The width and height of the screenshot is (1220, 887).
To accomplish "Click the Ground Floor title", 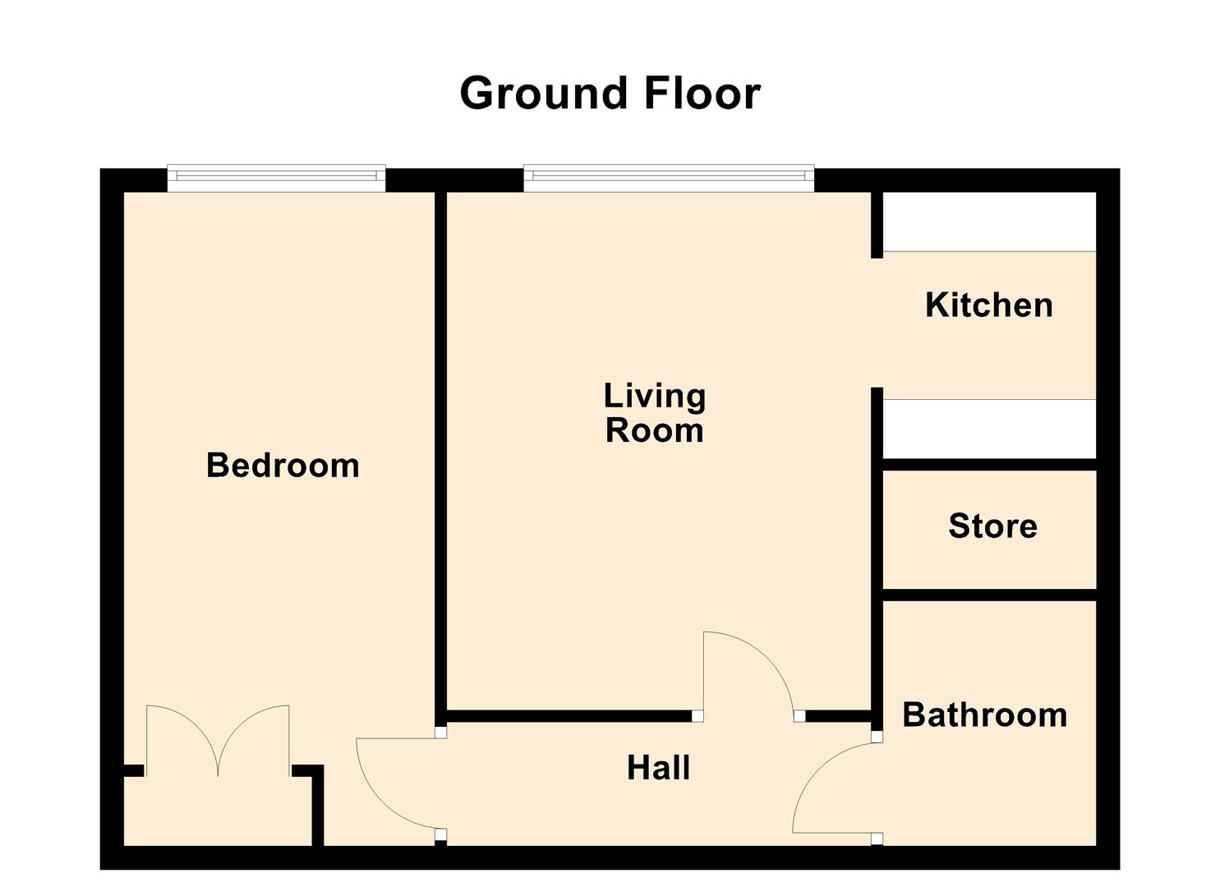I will coord(610,93).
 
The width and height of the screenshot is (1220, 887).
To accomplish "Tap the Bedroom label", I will coord(283,466).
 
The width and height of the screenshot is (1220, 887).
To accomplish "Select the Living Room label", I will coord(655,413).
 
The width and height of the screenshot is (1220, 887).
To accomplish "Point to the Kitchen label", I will coord(988,305).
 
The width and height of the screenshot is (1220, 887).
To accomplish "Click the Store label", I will coord(992,526).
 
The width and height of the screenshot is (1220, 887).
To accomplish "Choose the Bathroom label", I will coord(984,715).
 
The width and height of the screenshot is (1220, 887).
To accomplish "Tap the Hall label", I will coord(658,768).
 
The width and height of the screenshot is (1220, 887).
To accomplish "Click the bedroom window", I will coord(276,178).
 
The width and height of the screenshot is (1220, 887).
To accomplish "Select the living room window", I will coord(669,178).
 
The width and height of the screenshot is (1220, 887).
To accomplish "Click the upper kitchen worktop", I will coord(989,222).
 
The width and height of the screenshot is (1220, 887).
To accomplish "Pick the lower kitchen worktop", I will coord(989,429).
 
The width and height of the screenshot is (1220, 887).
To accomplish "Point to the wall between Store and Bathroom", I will coord(989,595).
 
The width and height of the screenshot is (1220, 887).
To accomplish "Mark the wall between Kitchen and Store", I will coord(989,465).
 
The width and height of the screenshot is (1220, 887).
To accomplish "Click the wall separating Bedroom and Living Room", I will coord(440,452).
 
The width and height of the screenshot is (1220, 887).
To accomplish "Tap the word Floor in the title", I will coord(702,93).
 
